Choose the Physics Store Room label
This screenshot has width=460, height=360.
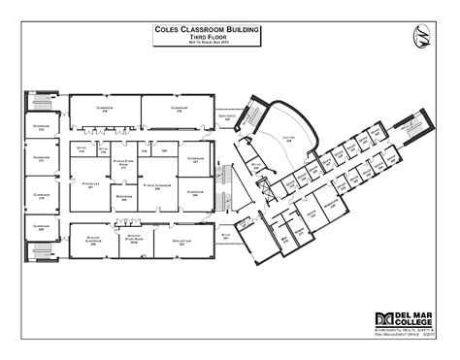[124, 165]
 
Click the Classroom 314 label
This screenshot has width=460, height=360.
[107, 109]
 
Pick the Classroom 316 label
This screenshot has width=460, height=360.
[178, 109]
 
